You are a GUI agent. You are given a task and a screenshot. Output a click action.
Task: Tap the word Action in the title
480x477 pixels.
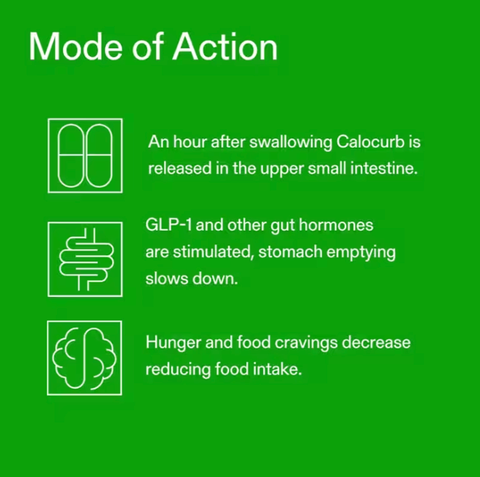(225, 47)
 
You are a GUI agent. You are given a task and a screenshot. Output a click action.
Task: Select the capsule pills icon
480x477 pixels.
(85, 155)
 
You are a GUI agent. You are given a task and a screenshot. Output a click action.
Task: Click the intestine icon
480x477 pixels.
(85, 259)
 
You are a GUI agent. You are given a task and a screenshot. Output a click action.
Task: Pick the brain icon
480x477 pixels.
(85, 358)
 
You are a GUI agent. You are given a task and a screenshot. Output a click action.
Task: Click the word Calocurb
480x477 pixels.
(370, 142)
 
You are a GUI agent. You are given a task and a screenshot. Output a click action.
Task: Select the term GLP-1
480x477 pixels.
(168, 225)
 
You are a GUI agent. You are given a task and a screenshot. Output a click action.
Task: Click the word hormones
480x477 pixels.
(336, 225)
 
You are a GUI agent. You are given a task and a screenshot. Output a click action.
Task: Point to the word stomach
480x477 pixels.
(290, 252)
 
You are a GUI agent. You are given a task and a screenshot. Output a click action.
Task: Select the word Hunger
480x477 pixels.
(173, 343)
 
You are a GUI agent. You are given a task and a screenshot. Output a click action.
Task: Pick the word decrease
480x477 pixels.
(376, 342)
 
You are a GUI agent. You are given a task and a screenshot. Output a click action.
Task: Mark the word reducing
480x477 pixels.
(178, 370)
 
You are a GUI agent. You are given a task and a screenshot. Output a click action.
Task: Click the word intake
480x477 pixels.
(277, 369)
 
